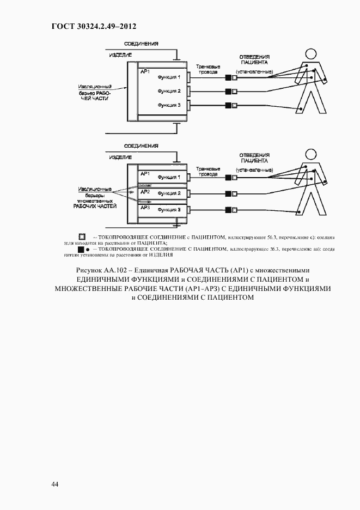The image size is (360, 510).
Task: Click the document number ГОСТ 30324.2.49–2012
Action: point(93,26)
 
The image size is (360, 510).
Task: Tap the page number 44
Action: point(55,484)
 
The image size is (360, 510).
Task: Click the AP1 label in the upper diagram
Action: point(145,71)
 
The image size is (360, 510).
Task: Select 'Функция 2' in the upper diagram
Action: point(169,91)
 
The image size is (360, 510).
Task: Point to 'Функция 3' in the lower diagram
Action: point(169,210)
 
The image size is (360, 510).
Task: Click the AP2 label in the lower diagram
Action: point(145,192)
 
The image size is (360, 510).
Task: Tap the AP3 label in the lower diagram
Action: point(145,208)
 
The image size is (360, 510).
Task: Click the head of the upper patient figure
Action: point(311,53)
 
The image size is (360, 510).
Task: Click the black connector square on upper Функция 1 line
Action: point(227,78)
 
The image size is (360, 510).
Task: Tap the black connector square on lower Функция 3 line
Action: point(227,209)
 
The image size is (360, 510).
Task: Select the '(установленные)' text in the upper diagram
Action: point(254,71)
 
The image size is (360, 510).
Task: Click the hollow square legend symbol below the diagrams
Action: point(82,237)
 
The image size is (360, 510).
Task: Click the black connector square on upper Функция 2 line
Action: point(227,91)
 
